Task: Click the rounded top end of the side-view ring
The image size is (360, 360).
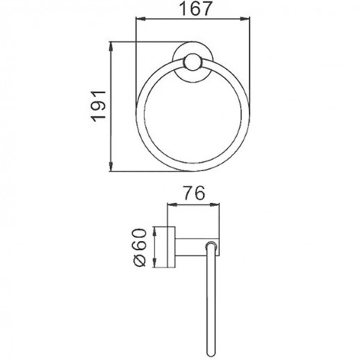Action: [213, 245]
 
